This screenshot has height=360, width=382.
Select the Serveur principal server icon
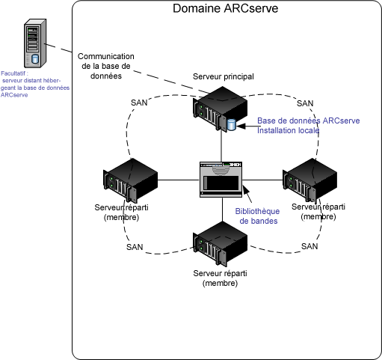tap(222, 109)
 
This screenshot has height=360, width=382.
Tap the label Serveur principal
tap(224, 77)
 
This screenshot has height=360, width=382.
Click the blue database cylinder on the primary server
tap(230, 124)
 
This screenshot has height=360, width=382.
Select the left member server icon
tap(130, 180)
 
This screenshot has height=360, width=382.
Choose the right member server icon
tap(311, 180)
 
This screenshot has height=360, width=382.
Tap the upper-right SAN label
tap(305, 103)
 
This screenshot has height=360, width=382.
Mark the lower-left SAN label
tap(135, 246)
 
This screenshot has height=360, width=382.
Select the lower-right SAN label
tap(309, 245)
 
